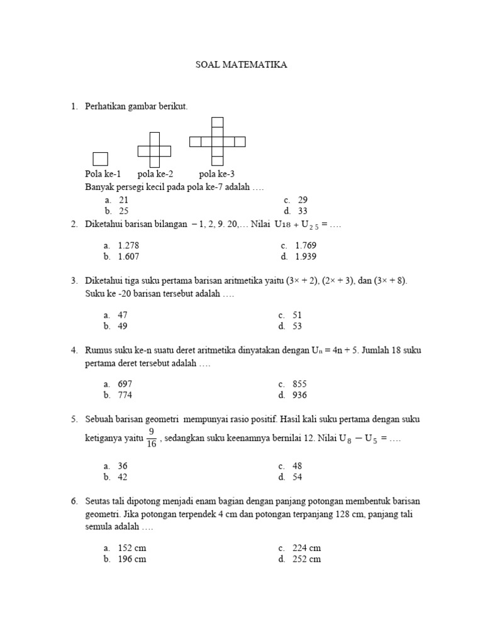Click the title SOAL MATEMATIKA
[241, 65]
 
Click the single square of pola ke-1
[100, 159]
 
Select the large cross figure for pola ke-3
[217, 142]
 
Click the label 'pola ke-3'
[217, 174]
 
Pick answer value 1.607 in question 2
[128, 257]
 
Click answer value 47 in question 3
[123, 314]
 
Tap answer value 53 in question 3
[297, 326]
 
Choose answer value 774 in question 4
[125, 395]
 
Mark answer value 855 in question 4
[299, 384]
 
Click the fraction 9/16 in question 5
[152, 438]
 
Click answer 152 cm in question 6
[131, 548]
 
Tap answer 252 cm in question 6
[306, 559]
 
